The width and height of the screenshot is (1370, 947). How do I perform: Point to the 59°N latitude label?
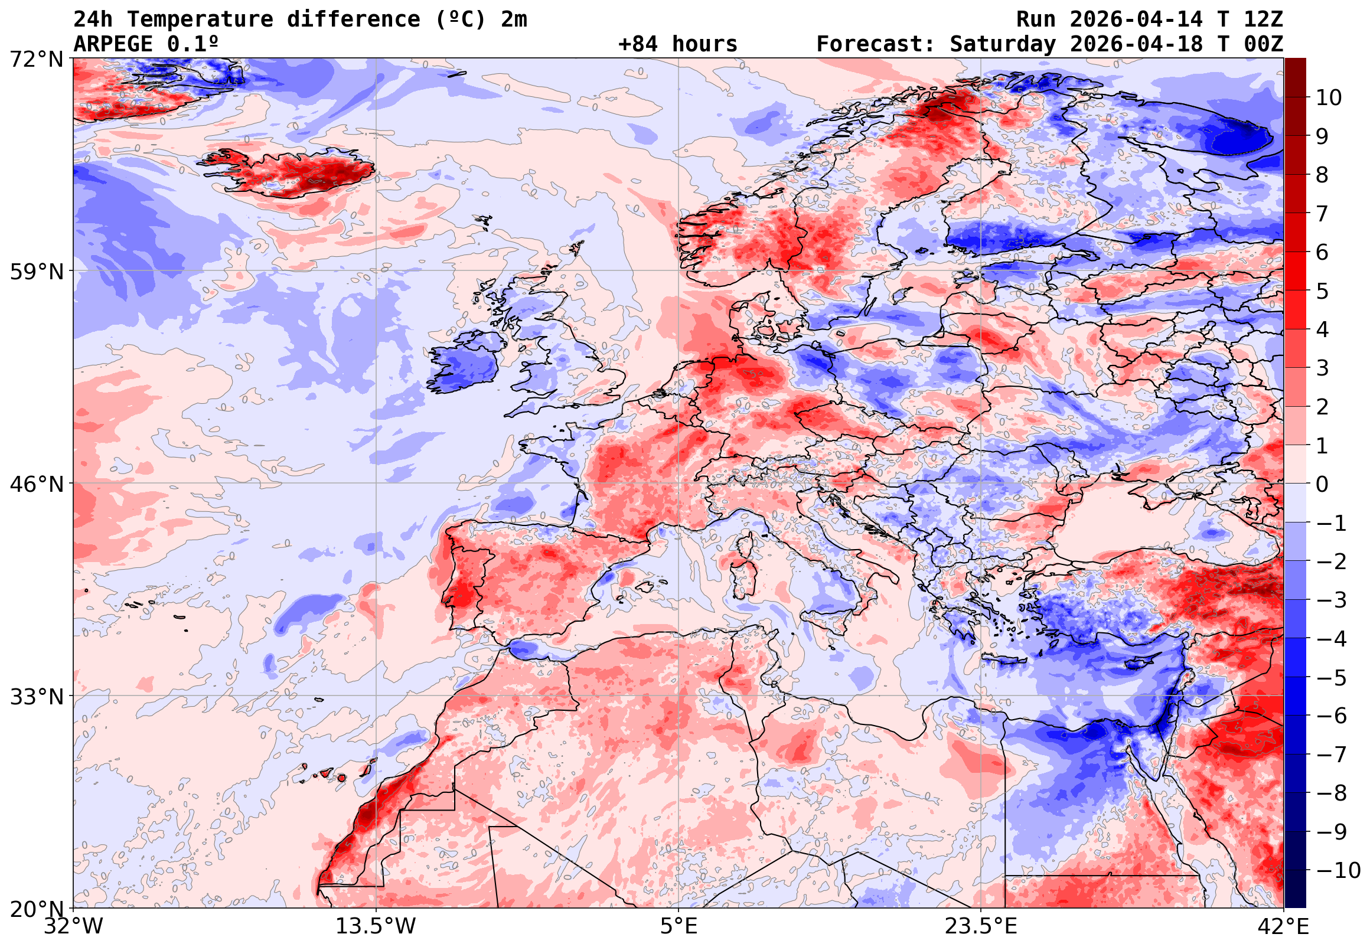[36, 272]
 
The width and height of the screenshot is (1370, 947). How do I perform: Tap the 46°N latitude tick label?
[36, 484]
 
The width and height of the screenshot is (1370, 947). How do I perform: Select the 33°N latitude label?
[36, 697]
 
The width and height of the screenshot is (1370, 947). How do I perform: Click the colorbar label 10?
[1329, 98]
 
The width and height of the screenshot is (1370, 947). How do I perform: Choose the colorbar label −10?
[1338, 870]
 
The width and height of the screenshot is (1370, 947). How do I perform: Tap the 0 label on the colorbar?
[1322, 484]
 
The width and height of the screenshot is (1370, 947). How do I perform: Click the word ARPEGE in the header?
[113, 44]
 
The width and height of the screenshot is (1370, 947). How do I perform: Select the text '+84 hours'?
[677, 44]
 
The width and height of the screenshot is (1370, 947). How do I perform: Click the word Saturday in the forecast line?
[1003, 44]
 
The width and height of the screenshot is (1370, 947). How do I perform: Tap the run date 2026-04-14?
[1136, 19]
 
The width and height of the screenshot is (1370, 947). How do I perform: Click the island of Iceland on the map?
[291, 174]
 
